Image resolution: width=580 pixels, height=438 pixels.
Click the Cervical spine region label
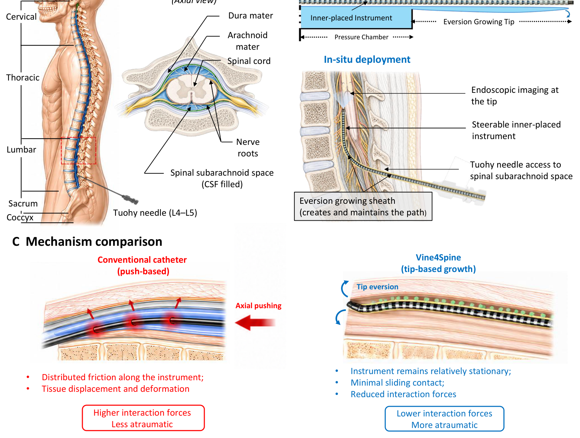(21, 17)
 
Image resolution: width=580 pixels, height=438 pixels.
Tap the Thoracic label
(23, 77)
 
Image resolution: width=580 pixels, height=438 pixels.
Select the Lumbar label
(22, 149)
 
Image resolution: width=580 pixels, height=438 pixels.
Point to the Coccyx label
(20, 217)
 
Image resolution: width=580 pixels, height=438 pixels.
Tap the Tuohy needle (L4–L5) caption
(155, 213)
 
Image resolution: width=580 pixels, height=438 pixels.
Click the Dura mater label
(250, 16)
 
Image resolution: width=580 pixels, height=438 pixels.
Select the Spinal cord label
(249, 61)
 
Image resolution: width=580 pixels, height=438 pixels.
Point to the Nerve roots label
(247, 148)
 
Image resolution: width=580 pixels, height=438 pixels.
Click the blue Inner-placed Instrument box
(356, 17)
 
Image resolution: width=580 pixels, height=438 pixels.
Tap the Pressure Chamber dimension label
(361, 37)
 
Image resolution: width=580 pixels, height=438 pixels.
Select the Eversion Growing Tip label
(478, 22)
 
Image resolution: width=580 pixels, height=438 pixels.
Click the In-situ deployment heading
(367, 59)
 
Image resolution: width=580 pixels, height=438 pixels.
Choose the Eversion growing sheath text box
(363, 206)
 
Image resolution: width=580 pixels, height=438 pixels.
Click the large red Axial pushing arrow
(255, 322)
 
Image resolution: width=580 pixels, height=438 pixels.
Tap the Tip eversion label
(377, 287)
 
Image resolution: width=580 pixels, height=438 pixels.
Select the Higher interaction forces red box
(143, 418)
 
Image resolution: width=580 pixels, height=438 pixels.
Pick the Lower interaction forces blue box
(444, 419)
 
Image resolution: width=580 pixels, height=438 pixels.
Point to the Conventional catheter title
(142, 265)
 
